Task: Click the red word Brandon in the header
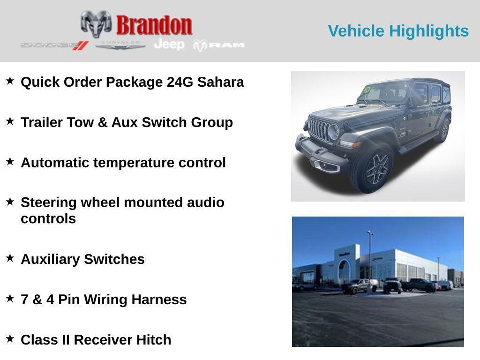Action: click(154, 25)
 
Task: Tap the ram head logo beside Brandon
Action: click(96, 24)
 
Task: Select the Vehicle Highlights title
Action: click(398, 31)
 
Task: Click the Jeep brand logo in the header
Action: click(169, 45)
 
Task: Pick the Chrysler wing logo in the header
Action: click(120, 45)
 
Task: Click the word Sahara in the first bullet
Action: click(220, 82)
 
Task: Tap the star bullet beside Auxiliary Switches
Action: click(10, 258)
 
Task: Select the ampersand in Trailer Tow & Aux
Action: click(103, 122)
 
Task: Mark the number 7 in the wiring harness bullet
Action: click(24, 300)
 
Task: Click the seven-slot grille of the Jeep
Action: click(320, 129)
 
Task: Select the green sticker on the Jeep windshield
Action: click(367, 90)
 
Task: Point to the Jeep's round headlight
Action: click(333, 132)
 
